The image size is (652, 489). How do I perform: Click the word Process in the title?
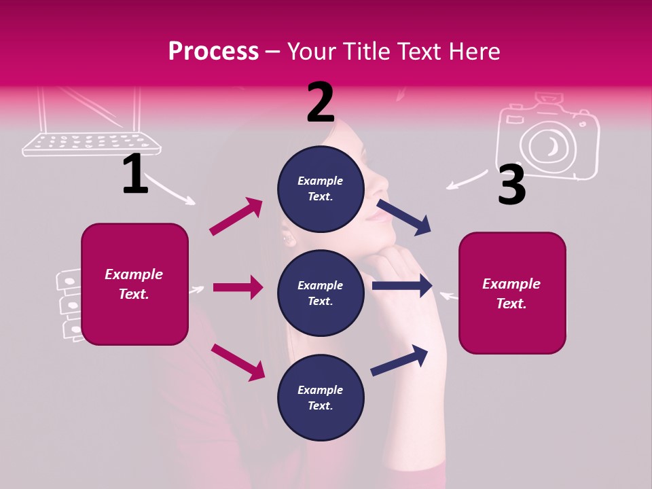tap(213, 51)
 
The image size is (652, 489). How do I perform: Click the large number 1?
tap(135, 174)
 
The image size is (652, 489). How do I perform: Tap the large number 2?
tap(321, 103)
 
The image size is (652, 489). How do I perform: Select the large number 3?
tap(511, 185)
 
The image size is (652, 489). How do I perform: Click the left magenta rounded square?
tap(134, 284)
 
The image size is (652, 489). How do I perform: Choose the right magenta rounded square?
tap(512, 293)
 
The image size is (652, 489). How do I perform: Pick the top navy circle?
tap(321, 189)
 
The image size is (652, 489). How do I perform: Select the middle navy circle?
tap(321, 293)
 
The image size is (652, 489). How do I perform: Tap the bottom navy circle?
tap(321, 397)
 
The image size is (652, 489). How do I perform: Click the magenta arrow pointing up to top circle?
tap(236, 217)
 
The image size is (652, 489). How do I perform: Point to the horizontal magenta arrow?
tap(238, 287)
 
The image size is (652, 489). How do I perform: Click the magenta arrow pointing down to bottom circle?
tap(238, 362)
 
